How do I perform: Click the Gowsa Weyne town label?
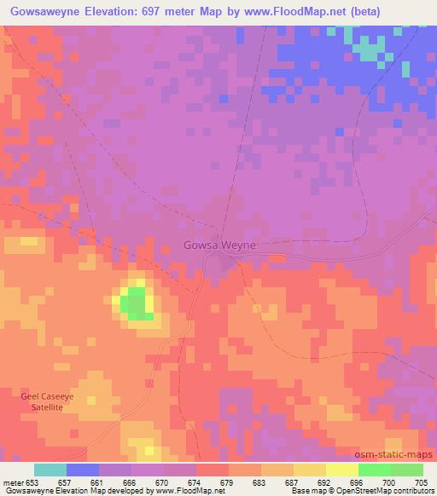pos(220,245)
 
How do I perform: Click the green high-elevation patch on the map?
pos(133,303)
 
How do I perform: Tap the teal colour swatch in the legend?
pos(50,470)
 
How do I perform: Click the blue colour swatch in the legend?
pos(83,470)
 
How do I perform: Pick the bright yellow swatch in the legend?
pos(341,470)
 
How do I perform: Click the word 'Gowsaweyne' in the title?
pos(44,11)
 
